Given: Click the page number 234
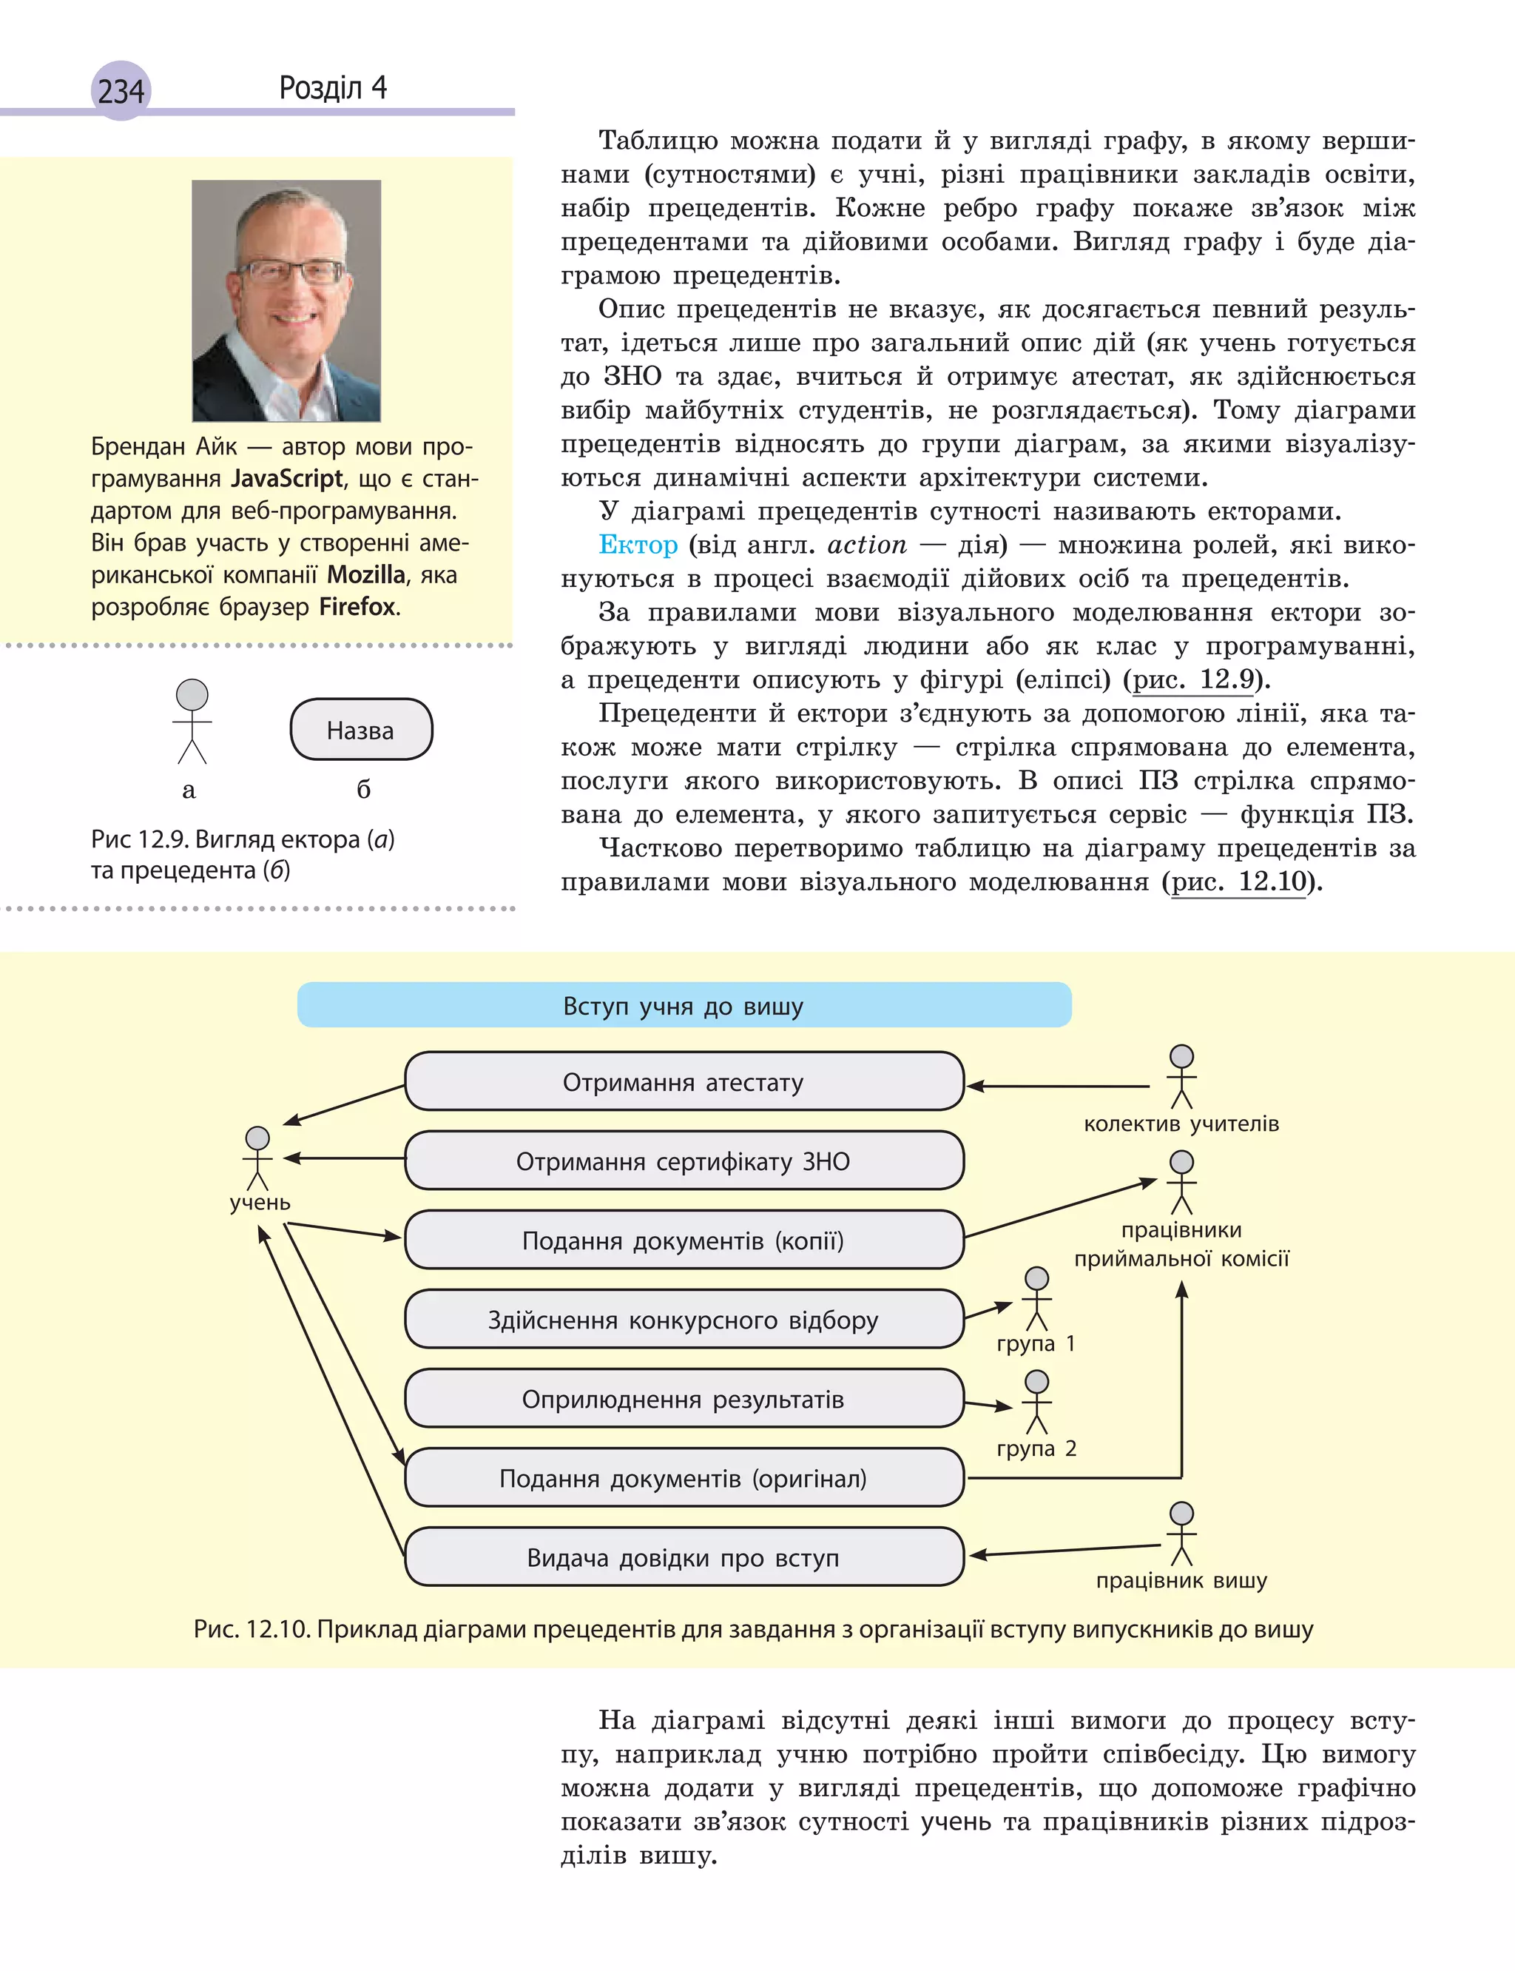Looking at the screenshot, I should tap(121, 91).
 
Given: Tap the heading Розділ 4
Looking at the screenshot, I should tap(333, 87).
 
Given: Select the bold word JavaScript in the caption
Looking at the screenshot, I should tap(287, 478).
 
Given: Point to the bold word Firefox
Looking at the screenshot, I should tap(357, 606).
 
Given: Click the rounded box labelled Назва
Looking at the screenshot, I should tap(361, 730).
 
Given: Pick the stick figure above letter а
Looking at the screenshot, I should tap(191, 721).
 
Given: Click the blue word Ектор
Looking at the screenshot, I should tap(638, 545).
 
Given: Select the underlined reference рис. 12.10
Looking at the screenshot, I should tap(1238, 882).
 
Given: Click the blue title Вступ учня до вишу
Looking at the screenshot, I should tap(684, 1005).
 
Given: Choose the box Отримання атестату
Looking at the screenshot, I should tap(684, 1081).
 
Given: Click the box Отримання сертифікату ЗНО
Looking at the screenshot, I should tap(684, 1161).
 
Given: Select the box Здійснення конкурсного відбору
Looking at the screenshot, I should tap(684, 1320).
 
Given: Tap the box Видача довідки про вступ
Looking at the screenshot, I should tap(684, 1558).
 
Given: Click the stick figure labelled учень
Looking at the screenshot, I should tap(258, 1158).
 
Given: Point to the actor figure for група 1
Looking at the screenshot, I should tap(1036, 1299).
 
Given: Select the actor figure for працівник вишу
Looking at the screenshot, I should tap(1181, 1534).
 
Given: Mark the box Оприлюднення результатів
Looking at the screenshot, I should tap(684, 1399).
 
